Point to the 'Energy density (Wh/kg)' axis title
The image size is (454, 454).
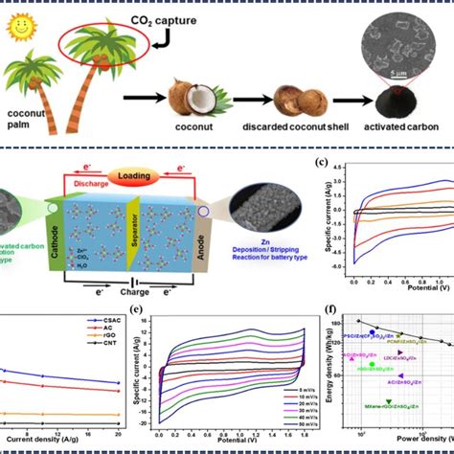331,369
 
